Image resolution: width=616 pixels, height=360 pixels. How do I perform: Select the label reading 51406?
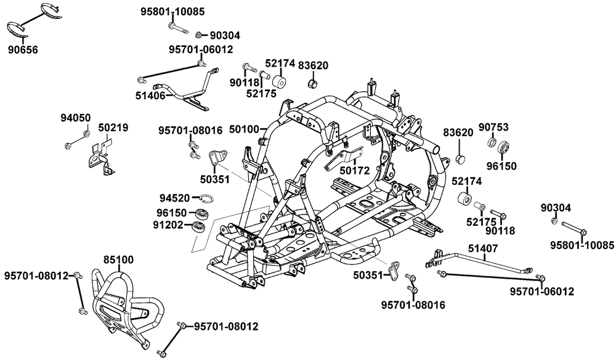click(150, 95)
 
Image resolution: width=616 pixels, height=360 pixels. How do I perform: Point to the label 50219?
click(113, 128)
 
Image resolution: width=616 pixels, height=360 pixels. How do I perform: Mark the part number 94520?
click(174, 198)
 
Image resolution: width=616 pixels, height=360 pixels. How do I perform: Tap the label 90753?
click(493, 127)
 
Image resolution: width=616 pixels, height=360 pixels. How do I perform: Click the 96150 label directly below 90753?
click(503, 166)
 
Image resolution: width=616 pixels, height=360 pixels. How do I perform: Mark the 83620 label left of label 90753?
click(457, 132)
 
